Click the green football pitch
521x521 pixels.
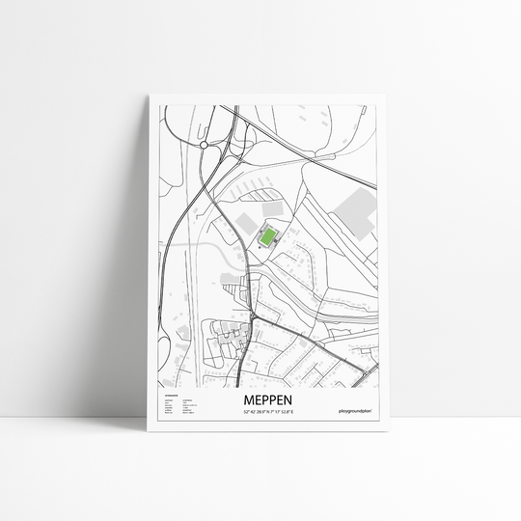coord(266,235)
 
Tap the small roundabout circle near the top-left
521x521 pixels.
coord(204,145)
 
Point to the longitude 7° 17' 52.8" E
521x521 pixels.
coord(286,413)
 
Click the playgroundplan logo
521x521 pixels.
coord(357,413)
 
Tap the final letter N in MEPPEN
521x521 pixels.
coord(291,399)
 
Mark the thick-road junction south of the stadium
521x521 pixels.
coord(253,316)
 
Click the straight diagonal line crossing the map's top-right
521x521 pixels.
coord(318,154)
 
